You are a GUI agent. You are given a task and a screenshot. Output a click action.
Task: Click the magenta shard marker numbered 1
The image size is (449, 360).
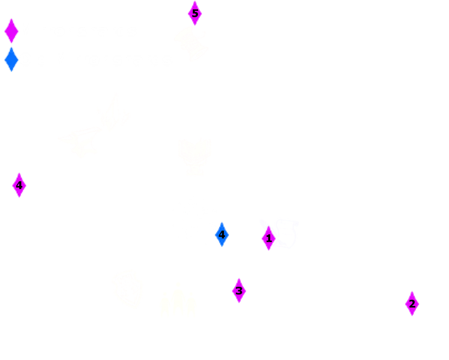(x=268, y=238)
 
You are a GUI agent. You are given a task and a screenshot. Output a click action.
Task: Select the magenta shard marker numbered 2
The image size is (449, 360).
(x=412, y=304)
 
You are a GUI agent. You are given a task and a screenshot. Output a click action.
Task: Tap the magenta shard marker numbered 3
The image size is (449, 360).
(x=239, y=290)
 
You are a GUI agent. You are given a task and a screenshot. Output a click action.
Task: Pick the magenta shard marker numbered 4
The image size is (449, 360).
(x=19, y=185)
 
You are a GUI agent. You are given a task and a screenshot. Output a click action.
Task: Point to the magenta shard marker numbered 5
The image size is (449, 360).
(x=193, y=12)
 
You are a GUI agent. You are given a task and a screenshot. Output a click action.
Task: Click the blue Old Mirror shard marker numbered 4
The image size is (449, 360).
(x=221, y=235)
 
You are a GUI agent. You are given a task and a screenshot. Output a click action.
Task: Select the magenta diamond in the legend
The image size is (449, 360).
(x=10, y=31)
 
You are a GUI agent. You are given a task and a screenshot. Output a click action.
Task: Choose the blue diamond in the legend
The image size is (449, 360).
(x=10, y=61)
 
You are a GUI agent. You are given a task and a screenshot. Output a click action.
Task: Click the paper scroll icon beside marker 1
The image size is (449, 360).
(x=286, y=233)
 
